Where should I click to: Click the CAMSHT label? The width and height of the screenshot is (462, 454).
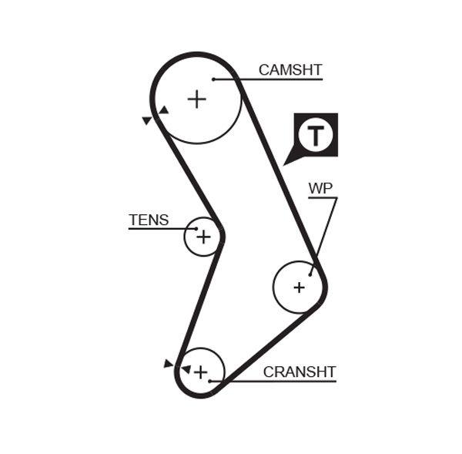pyautogui.click(x=290, y=70)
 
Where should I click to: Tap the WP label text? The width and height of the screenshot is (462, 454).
pyautogui.click(x=321, y=188)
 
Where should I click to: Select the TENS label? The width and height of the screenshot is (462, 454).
pyautogui.click(x=149, y=220)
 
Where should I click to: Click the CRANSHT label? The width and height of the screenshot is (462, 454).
pyautogui.click(x=300, y=372)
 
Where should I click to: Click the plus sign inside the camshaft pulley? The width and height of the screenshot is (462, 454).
pyautogui.click(x=197, y=99)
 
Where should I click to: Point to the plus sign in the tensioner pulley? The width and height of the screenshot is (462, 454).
pyautogui.click(x=203, y=237)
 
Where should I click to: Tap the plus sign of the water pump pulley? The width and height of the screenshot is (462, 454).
pyautogui.click(x=299, y=288)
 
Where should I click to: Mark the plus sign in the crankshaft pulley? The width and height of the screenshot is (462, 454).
pyautogui.click(x=200, y=372)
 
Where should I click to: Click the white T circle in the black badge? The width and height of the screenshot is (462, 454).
pyautogui.click(x=316, y=135)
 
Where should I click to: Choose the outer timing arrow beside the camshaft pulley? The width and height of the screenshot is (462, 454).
pyautogui.click(x=146, y=120)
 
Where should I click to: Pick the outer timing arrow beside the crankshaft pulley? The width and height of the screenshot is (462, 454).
pyautogui.click(x=168, y=363)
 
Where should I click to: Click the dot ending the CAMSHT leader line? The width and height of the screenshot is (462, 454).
pyautogui.click(x=213, y=79)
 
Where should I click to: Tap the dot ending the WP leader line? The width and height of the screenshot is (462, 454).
pyautogui.click(x=311, y=274)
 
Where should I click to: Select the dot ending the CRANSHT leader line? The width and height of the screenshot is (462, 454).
pyautogui.click(x=210, y=381)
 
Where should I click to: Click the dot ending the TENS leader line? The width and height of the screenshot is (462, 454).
pyautogui.click(x=196, y=229)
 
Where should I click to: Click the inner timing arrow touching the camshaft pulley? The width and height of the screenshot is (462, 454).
pyautogui.click(x=163, y=110)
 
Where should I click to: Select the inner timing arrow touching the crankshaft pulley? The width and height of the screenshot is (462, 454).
pyautogui.click(x=185, y=369)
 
